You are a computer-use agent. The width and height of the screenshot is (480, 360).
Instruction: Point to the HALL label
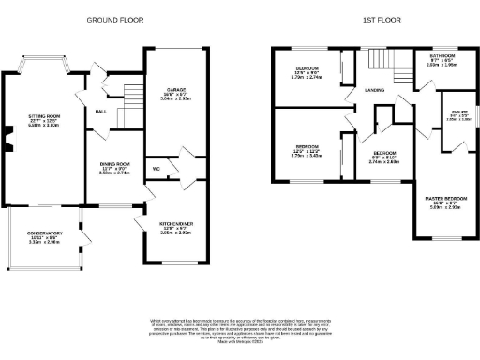click(x=101, y=110)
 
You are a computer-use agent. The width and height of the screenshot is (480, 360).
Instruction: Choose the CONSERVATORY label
click(x=44, y=232)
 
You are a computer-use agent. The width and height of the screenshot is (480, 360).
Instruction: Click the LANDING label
click(x=364, y=89)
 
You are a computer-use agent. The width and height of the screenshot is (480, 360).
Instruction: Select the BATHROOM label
click(x=442, y=55)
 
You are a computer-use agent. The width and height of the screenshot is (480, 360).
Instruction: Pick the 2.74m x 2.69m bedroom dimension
click(x=384, y=162)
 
